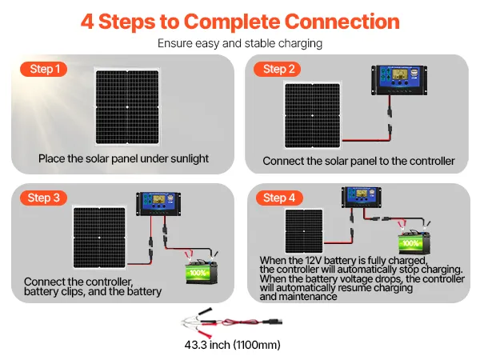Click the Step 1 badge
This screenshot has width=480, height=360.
pyautogui.click(x=46, y=69)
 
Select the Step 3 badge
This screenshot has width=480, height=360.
pyautogui.click(x=43, y=198)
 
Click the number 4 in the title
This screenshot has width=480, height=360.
pyautogui.click(x=87, y=22)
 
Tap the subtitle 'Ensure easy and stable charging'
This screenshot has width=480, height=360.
pyautogui.click(x=240, y=43)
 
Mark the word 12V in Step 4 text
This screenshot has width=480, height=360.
pyautogui.click(x=316, y=261)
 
